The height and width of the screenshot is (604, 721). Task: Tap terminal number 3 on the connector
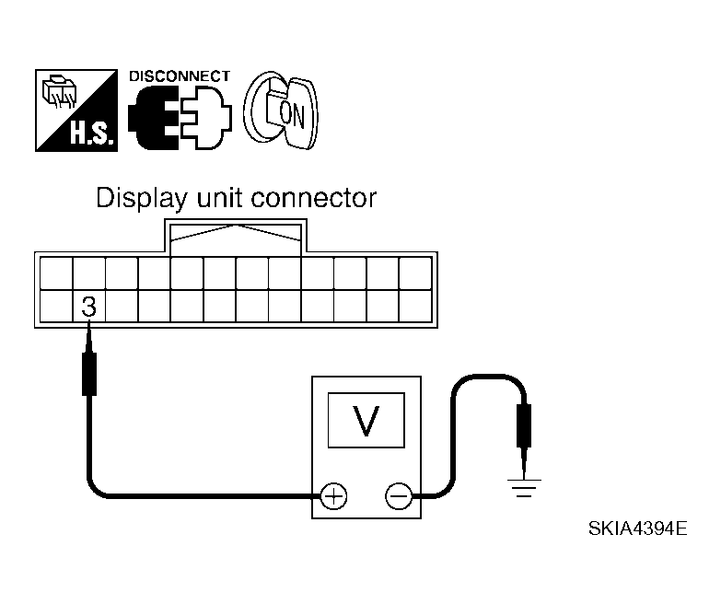89,306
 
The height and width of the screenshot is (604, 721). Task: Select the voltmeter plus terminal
333,497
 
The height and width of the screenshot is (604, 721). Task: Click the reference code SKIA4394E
638,531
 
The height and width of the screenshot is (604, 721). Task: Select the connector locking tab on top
237,235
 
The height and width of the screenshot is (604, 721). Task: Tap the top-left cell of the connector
56,273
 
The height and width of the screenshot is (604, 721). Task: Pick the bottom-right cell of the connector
415,306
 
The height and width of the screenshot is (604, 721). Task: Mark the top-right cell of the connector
415,273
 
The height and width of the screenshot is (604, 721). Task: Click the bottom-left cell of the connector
56,306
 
